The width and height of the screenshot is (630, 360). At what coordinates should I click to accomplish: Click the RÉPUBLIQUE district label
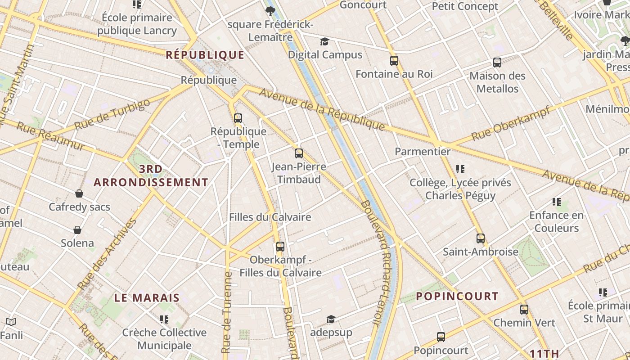[x=205, y=55]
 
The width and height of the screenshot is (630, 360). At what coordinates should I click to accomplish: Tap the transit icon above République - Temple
[x=238, y=118]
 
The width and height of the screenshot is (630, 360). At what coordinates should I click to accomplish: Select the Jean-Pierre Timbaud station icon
[x=299, y=153]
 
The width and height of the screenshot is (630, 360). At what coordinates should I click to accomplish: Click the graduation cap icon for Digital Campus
[x=324, y=42]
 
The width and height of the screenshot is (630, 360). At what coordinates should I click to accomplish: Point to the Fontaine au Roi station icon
[x=394, y=60]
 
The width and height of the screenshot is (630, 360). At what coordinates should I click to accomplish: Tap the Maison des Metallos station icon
[x=497, y=63]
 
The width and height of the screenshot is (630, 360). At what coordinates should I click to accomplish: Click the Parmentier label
[x=423, y=152]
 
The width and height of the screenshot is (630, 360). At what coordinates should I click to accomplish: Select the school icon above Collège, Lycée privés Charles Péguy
[x=460, y=169]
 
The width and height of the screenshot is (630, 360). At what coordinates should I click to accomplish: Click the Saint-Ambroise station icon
[x=481, y=238]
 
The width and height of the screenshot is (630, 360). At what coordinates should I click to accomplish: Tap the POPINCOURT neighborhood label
[x=457, y=296]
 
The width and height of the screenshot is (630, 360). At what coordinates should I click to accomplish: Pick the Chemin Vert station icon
[x=524, y=310]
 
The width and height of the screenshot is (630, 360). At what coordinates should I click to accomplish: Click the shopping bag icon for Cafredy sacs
[x=79, y=193]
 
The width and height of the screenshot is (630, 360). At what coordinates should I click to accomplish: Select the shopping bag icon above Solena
[x=77, y=230]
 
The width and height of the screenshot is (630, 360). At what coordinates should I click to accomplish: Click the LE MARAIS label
[x=147, y=298]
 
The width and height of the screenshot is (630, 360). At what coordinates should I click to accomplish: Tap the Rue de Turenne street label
[x=227, y=311]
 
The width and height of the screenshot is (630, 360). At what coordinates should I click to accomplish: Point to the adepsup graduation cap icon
[x=331, y=319]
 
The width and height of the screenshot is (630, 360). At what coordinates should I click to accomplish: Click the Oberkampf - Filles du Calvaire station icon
[x=280, y=247]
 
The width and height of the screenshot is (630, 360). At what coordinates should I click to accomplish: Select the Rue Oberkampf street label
[x=511, y=123]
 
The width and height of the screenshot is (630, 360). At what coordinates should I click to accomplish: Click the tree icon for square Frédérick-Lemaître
[x=270, y=11]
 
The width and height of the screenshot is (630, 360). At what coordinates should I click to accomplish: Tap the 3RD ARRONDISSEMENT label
[x=151, y=175]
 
